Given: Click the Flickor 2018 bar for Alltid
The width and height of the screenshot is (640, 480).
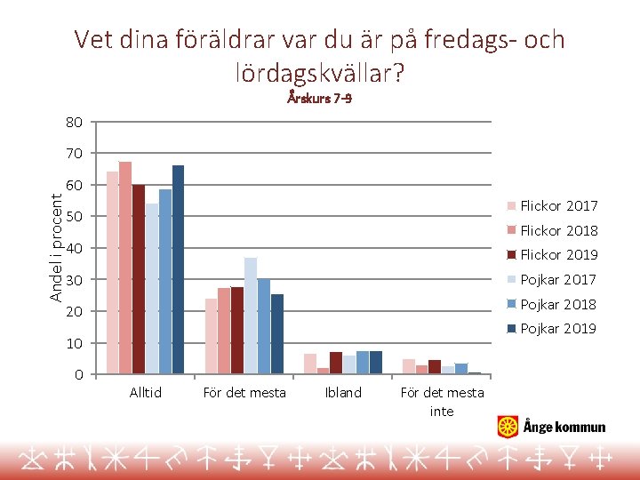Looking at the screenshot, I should click(125, 268).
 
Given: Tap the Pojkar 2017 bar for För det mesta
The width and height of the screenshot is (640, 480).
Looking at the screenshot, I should click(251, 316).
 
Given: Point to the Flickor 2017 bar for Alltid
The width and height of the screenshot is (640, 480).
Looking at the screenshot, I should click(112, 272).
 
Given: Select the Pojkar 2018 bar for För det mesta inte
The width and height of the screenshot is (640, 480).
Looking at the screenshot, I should click(461, 368).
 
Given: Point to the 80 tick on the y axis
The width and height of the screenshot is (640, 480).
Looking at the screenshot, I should click(74, 122).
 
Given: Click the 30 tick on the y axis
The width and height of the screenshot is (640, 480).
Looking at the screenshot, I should click(74, 280).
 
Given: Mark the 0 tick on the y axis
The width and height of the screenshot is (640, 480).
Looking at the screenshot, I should click(78, 374).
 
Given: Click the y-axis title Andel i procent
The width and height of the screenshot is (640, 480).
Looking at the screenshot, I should click(56, 236).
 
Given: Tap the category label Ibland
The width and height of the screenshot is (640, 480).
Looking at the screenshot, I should click(343, 393).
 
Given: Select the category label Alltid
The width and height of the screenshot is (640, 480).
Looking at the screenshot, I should click(145, 393).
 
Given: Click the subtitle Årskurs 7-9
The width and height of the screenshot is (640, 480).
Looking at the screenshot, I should click(319, 99).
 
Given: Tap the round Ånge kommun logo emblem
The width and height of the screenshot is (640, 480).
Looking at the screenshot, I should click(508, 427).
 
